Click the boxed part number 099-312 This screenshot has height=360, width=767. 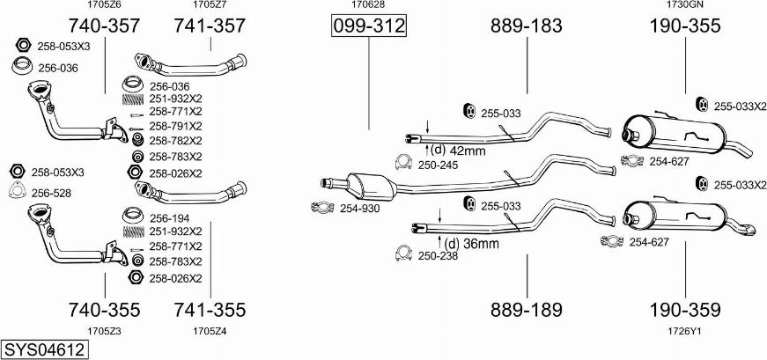tap(369, 26)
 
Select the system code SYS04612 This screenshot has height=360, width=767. tap(45, 350)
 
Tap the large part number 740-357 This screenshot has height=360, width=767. tap(104, 26)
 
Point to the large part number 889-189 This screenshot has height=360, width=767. tap(527, 310)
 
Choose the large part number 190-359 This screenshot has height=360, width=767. tap(685, 310)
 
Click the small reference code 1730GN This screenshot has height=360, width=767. tap(685, 5)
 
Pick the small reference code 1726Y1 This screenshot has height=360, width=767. tap(685, 331)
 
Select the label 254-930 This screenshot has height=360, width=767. tap(359, 209)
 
